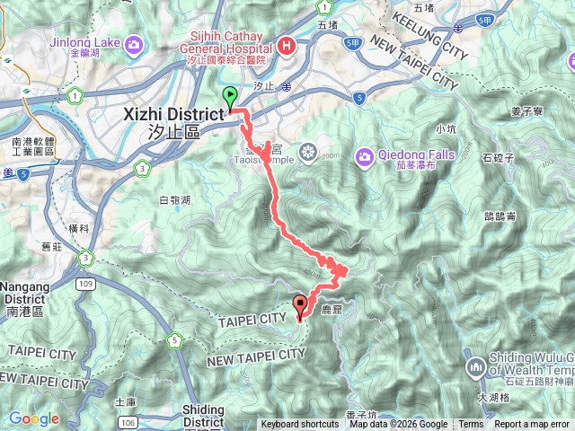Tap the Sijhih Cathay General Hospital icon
(287, 43)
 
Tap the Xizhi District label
(171, 116)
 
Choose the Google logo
(33, 418)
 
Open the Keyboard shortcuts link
(300, 425)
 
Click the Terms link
(471, 425)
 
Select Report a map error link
(533, 425)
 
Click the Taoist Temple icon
(308, 151)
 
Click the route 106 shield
(130, 422)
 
